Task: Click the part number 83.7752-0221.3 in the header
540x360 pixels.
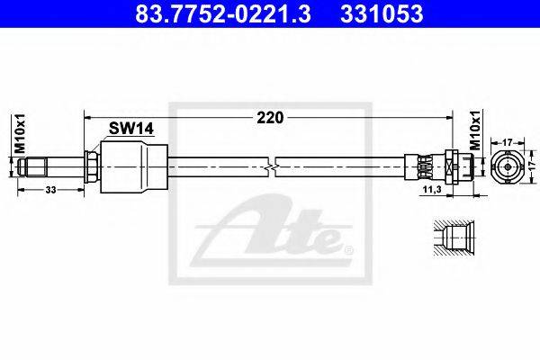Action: pos(223,13)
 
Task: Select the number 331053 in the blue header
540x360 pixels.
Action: pos(382,13)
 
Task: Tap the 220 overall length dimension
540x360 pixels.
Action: pos(270,118)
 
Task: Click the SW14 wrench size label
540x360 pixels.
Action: pos(130,129)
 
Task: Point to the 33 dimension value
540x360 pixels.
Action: pos(50,190)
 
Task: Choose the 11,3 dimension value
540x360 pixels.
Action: pos(432,190)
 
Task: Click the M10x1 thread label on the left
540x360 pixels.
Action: pos(21,133)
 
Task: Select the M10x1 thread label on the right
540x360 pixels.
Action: pos(476,130)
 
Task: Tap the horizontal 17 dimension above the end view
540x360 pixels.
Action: pos(508,142)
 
